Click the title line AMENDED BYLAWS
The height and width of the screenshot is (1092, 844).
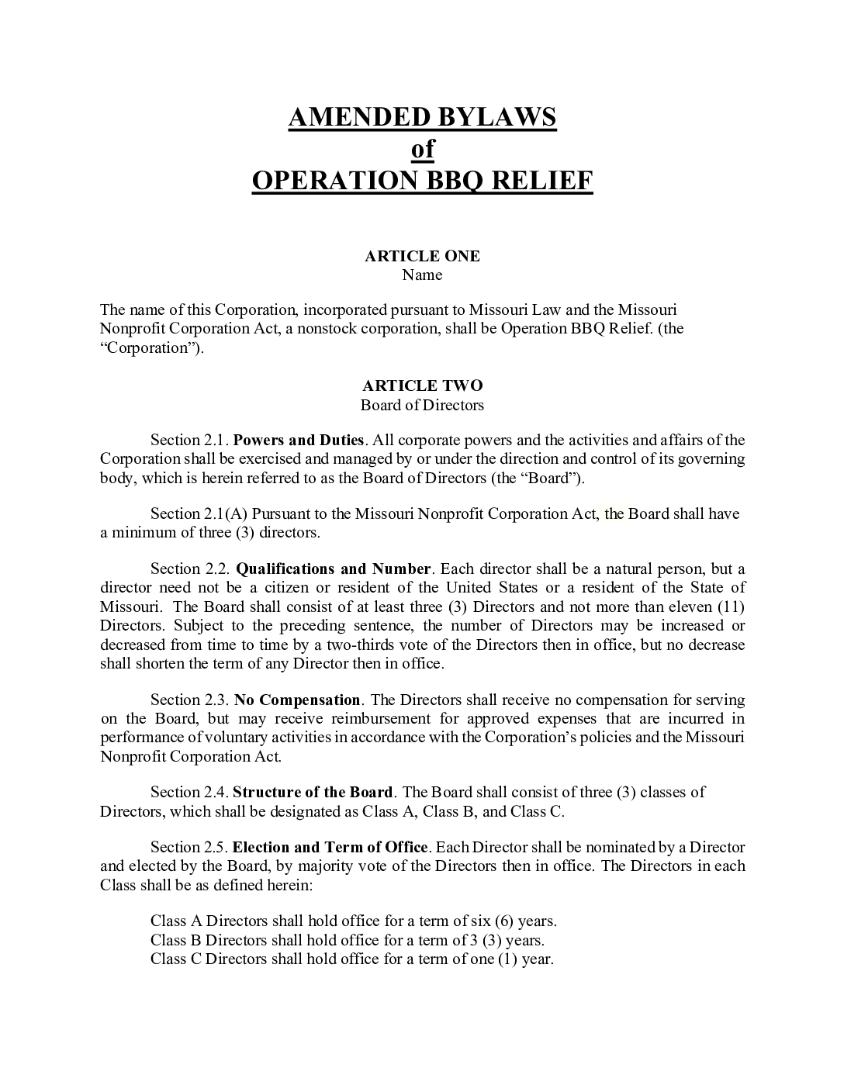coord(422,117)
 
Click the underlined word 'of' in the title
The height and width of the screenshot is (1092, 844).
coord(422,148)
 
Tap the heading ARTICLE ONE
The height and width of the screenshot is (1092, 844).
coord(422,256)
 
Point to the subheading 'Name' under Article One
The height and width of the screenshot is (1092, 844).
coord(422,275)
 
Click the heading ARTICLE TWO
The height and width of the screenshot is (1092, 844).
coord(422,385)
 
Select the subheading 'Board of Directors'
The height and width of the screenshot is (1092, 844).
coord(422,405)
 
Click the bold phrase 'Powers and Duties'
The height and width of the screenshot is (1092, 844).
coord(299,441)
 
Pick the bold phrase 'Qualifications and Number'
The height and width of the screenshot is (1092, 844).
coord(333,568)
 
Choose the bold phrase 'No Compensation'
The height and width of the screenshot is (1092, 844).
coord(297,700)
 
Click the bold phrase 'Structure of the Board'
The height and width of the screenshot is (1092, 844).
coord(313,792)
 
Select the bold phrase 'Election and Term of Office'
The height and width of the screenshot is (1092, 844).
coord(330,847)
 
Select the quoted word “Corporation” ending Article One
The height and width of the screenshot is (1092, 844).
coord(147,347)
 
